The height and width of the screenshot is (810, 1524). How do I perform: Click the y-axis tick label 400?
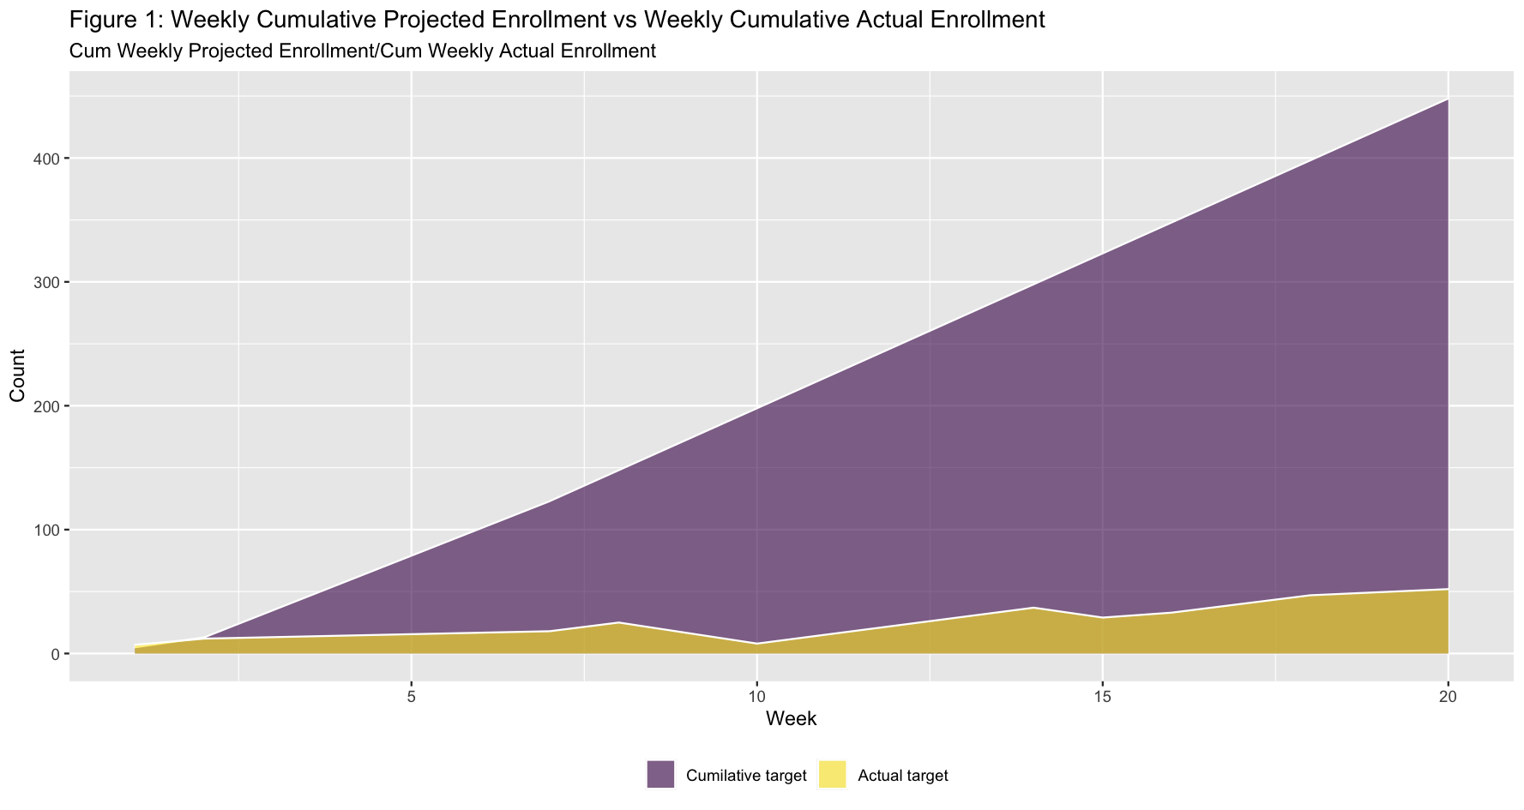pyautogui.click(x=46, y=159)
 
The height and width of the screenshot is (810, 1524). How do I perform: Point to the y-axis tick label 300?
pyautogui.click(x=46, y=282)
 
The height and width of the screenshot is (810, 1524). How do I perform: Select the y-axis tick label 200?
pyautogui.click(x=46, y=406)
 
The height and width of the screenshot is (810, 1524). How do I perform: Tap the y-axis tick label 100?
pyautogui.click(x=46, y=530)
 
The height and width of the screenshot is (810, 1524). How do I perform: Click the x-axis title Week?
pyautogui.click(x=791, y=719)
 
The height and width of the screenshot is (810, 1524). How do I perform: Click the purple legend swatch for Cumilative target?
pyautogui.click(x=660, y=774)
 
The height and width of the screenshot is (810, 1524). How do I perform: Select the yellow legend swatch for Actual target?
pyautogui.click(x=832, y=774)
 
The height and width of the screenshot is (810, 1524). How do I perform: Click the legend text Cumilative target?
pyautogui.click(x=746, y=777)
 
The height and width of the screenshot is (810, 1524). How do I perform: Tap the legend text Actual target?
pyautogui.click(x=903, y=777)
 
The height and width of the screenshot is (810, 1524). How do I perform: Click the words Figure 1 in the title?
pyautogui.click(x=114, y=21)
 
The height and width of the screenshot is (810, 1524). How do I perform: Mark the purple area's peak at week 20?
pyautogui.click(x=1449, y=99)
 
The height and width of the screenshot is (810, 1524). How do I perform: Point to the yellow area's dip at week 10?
pyautogui.click(x=757, y=644)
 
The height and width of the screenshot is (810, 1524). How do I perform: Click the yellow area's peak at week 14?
pyautogui.click(x=1033, y=608)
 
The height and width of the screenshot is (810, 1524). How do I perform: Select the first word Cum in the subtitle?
pyautogui.click(x=87, y=51)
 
